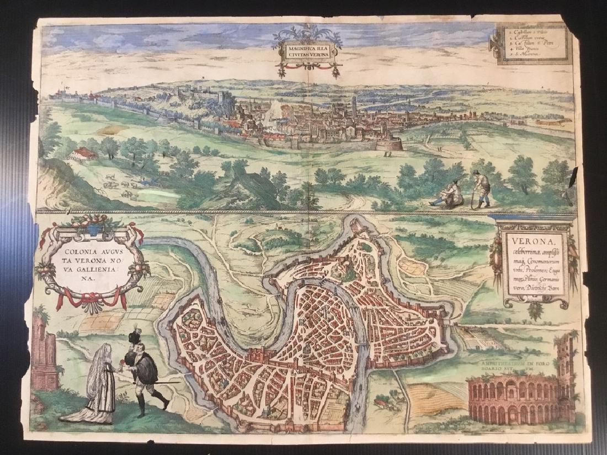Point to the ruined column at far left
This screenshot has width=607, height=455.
[x=44, y=353]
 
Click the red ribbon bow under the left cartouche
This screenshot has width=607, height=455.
[x=92, y=301]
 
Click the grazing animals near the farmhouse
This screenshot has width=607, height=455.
[x=119, y=185]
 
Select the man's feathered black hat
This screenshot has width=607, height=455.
[x=134, y=339]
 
